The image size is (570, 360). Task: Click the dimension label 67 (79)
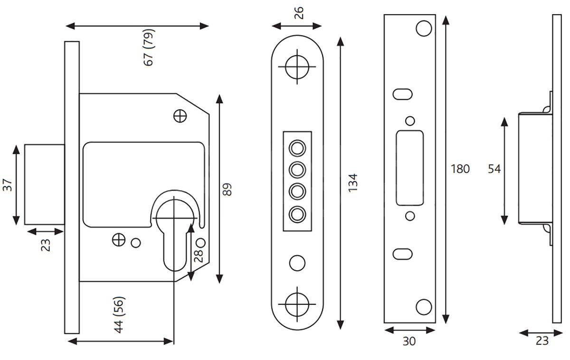click(x=150, y=47)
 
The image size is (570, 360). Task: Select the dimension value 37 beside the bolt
click(x=8, y=184)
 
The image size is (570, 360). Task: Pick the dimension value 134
click(x=352, y=183)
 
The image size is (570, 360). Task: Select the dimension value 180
click(x=460, y=169)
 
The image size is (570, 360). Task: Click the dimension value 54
click(x=494, y=169)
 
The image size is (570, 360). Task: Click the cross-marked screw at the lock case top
click(x=180, y=115)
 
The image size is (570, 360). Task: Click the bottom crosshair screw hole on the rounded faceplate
click(x=297, y=303)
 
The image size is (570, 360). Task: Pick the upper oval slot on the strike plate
click(x=402, y=94)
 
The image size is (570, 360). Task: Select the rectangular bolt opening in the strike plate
click(x=409, y=168)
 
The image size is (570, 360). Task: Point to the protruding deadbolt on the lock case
click(x=44, y=184)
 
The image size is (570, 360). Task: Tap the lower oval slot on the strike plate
click(x=402, y=254)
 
